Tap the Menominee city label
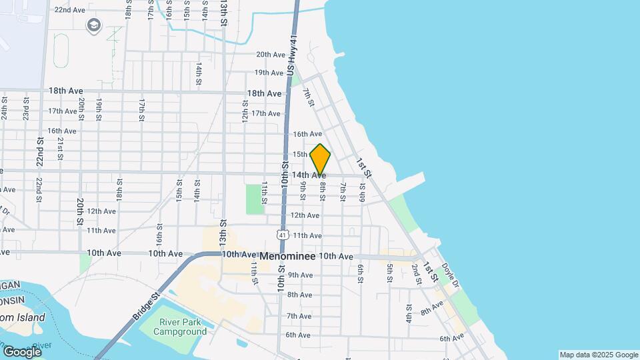point(287,256)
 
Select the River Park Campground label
point(182,327)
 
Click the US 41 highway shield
point(283,235)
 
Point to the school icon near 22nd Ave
point(93,25)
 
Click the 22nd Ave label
point(69,10)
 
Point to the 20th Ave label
point(271,55)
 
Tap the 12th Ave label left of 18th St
point(101,211)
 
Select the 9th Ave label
point(300,275)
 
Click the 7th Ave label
point(299,316)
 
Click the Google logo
point(22,351)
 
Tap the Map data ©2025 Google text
point(598,355)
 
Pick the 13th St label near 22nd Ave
point(224,13)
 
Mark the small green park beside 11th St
point(254,199)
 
